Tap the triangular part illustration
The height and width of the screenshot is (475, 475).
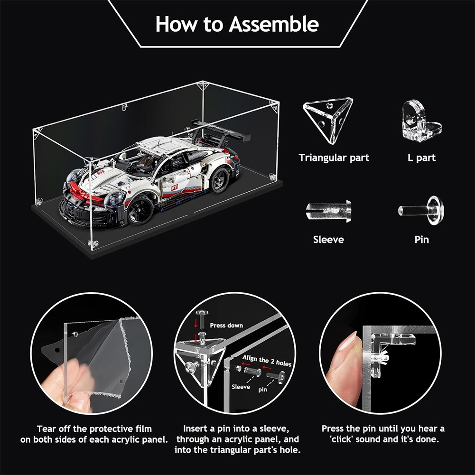327,119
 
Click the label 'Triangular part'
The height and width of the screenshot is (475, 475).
334,158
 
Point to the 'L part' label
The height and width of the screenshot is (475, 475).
421,158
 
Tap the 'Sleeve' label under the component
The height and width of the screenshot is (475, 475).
328,240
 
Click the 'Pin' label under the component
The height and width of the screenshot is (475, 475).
422,240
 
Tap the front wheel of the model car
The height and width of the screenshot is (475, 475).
141,209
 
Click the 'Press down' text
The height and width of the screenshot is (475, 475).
226,326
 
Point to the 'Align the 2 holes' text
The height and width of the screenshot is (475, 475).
266,361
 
